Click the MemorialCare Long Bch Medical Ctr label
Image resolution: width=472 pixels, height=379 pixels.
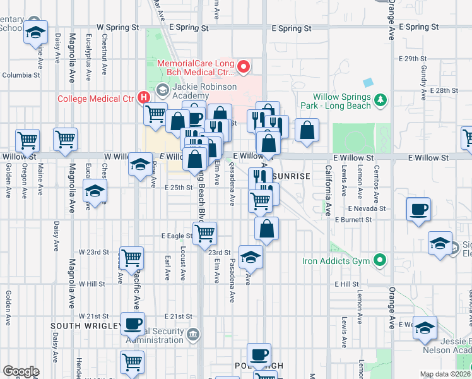point(196,69)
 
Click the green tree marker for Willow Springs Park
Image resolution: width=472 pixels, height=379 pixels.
point(380,99)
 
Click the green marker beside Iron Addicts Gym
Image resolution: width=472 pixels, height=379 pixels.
point(380,260)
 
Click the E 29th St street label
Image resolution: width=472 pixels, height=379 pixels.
point(413,58)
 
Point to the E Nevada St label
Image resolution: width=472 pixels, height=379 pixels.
point(366,208)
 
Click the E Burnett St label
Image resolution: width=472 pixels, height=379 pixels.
point(354,220)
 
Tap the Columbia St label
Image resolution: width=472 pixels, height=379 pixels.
point(20,75)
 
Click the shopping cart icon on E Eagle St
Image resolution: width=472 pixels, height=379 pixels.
point(204,232)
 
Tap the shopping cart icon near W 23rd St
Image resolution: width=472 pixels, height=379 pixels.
point(131,257)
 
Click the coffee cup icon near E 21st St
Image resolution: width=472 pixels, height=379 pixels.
point(133,323)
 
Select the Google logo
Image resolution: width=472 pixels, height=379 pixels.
point(21,371)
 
